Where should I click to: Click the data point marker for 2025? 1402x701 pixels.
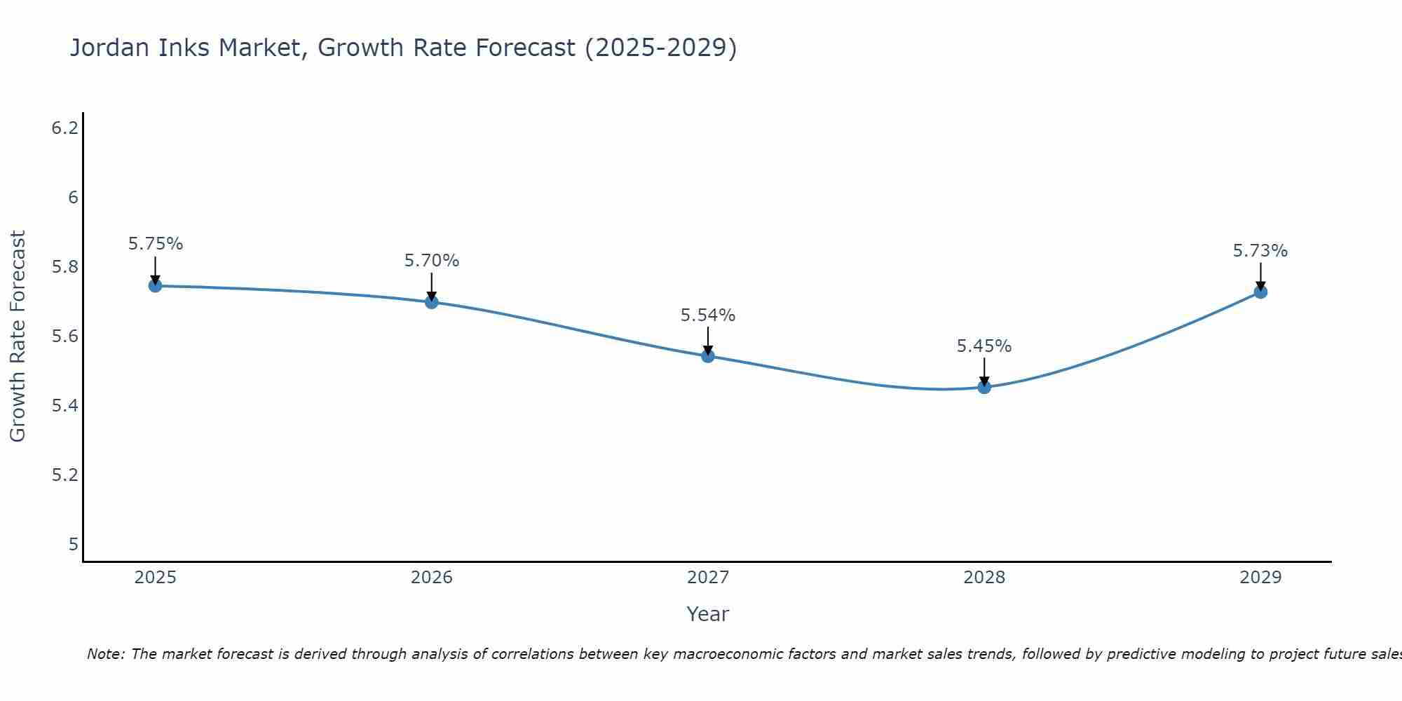(x=155, y=285)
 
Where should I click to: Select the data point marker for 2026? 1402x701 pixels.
(x=432, y=302)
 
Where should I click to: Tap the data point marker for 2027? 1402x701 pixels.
(x=708, y=356)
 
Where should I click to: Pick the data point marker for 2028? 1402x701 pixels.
(x=984, y=387)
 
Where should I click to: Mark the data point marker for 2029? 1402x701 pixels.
(x=1260, y=292)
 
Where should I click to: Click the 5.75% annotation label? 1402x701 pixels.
(x=155, y=244)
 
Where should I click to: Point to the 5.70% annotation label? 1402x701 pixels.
(x=432, y=261)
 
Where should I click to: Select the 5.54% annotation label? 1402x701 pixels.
(x=708, y=315)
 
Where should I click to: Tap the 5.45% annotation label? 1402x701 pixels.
(x=984, y=346)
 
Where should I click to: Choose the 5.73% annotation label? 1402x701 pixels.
(x=1260, y=251)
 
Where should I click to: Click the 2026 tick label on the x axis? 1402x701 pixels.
(x=432, y=578)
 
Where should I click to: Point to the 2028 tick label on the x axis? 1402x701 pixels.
(x=984, y=578)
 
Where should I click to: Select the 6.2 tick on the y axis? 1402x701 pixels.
(x=64, y=128)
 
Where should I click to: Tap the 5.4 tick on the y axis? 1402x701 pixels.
(x=64, y=406)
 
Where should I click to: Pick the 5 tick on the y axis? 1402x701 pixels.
(x=73, y=545)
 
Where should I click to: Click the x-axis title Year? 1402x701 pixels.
(x=708, y=614)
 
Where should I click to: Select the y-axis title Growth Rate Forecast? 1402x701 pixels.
(x=18, y=336)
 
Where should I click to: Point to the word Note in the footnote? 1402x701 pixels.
(x=106, y=654)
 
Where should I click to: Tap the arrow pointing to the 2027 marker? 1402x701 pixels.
(x=708, y=341)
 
